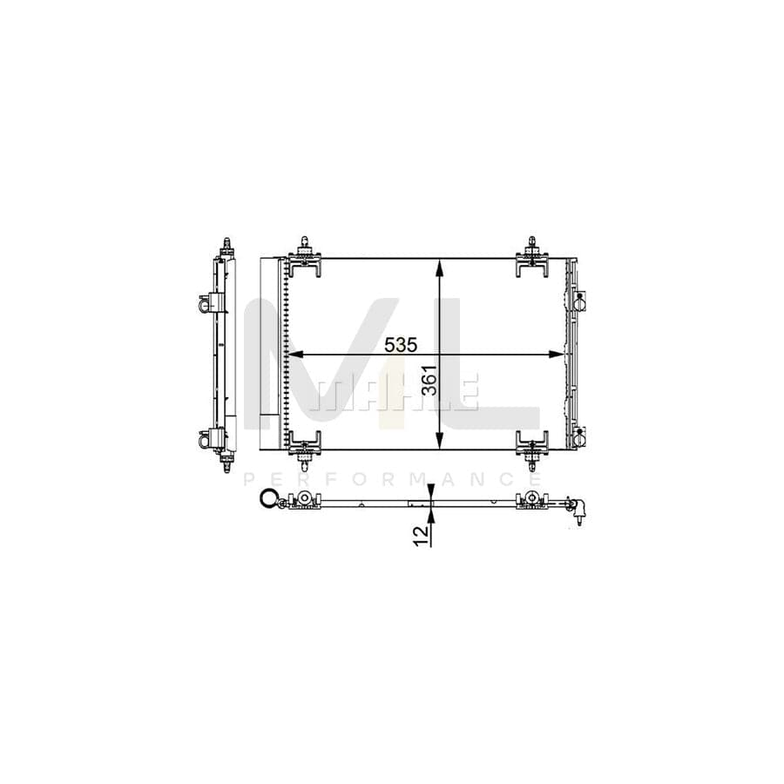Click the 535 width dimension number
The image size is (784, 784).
(x=401, y=345)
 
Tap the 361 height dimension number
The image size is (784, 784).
(x=429, y=380)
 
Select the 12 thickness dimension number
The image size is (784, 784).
(x=422, y=536)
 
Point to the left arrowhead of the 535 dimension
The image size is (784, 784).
(x=297, y=355)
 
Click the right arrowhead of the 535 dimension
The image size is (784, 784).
(x=556, y=355)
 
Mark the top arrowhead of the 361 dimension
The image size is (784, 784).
(x=439, y=267)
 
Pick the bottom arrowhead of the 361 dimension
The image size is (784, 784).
(x=439, y=441)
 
